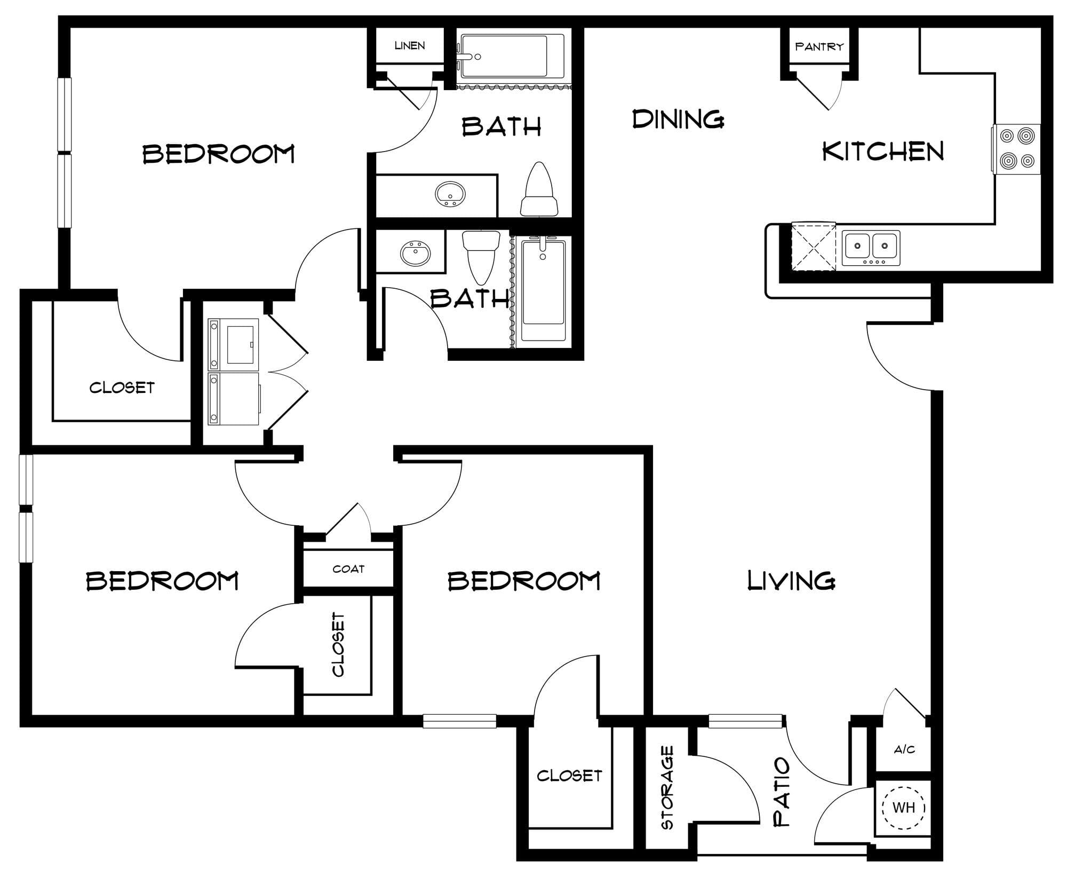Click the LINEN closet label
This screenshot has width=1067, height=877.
410,45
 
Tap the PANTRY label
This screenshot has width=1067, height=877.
819,46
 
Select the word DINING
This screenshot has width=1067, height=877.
678,119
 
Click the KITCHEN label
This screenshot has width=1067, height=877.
883,151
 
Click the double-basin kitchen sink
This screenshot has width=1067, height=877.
871,248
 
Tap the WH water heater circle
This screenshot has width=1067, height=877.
904,808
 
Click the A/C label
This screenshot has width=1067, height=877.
904,749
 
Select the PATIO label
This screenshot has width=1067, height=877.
782,792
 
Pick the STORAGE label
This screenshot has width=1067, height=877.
667,788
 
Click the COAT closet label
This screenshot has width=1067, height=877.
348,569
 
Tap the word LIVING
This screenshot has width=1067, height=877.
791,580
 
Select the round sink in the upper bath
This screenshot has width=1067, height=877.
450,194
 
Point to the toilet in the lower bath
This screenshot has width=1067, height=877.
481,257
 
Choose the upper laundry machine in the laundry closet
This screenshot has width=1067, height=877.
234,344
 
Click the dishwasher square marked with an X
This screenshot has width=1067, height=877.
813,246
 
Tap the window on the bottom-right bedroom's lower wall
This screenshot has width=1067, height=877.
460,721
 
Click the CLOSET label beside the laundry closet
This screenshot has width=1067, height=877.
122,387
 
